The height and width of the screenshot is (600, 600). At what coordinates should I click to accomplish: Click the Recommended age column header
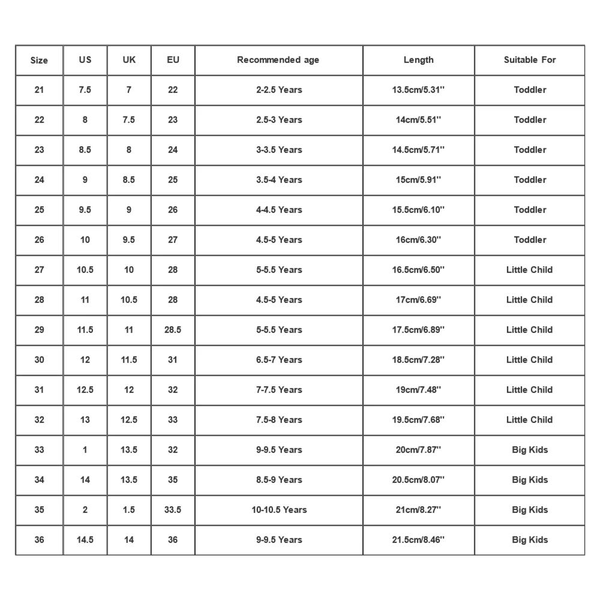(x=278, y=60)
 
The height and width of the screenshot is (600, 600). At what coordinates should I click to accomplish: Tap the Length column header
(x=418, y=60)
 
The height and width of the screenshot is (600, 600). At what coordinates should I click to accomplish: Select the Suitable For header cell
(x=530, y=60)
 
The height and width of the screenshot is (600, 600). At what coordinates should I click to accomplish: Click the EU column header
(x=173, y=60)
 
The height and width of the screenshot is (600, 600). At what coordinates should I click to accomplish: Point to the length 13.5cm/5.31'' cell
(x=418, y=90)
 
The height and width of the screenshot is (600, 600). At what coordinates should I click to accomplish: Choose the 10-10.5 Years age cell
(x=278, y=510)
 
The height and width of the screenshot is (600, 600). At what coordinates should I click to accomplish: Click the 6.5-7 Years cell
(x=278, y=360)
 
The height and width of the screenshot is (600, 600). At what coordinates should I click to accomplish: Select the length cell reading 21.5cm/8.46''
(x=418, y=540)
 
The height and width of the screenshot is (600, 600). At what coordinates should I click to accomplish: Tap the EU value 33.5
(x=173, y=510)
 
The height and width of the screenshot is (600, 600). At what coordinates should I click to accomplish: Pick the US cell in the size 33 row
(x=85, y=450)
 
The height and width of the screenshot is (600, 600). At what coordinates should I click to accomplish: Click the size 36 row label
(x=39, y=540)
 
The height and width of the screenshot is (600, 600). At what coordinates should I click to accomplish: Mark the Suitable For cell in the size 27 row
(x=530, y=270)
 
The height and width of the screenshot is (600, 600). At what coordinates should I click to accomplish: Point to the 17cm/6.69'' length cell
(x=418, y=300)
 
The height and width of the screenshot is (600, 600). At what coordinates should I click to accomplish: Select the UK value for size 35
(x=129, y=510)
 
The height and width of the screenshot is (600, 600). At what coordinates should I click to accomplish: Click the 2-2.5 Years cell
(x=278, y=90)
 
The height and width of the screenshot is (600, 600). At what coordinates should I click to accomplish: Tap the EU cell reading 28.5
(x=173, y=330)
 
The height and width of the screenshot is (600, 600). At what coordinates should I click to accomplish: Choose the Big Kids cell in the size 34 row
(x=530, y=480)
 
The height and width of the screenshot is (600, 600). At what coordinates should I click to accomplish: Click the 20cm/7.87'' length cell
(x=418, y=450)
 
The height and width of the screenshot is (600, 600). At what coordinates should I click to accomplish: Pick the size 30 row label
(x=39, y=360)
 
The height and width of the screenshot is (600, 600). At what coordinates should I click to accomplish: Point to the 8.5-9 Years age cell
(x=278, y=480)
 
